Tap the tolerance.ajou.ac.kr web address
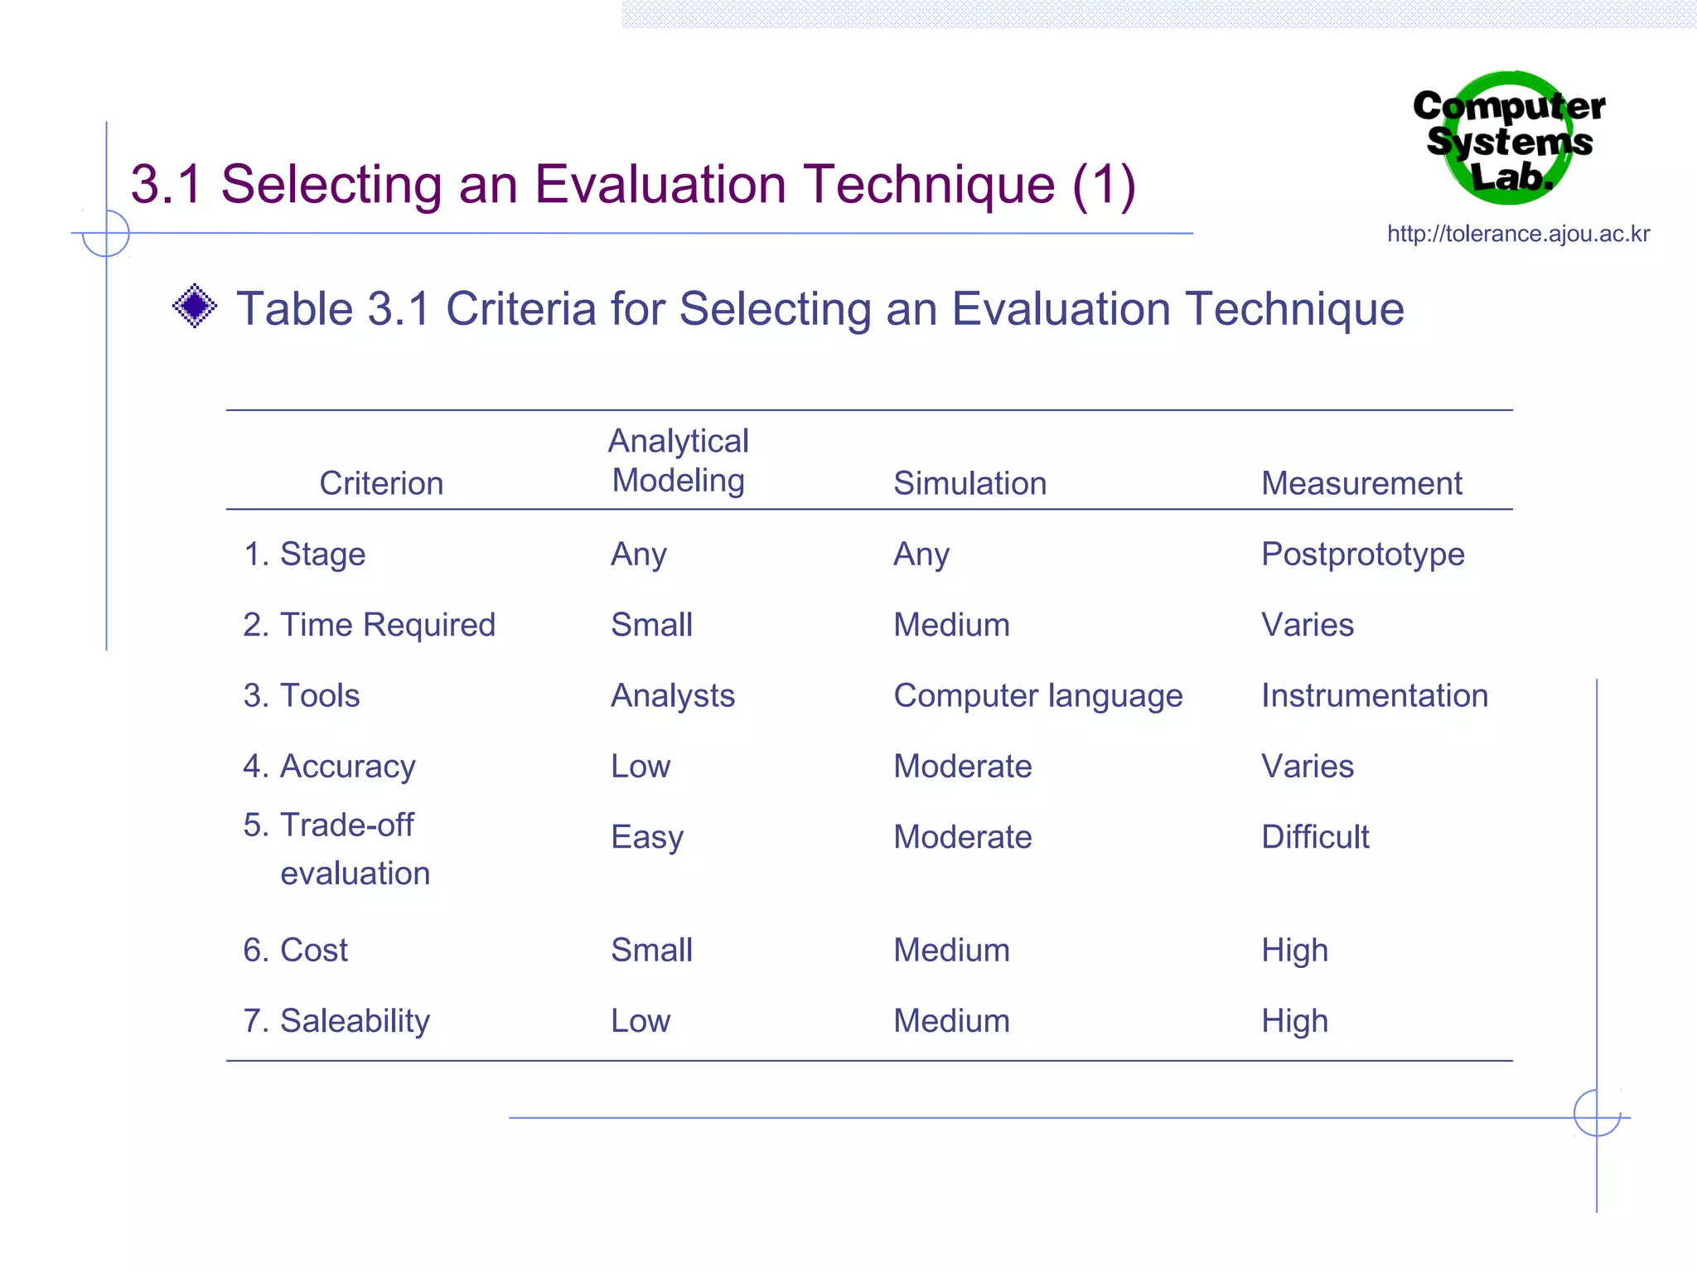pos(1518,234)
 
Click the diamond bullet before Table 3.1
pos(195,306)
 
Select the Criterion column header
pos(381,483)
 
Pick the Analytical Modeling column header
pos(678,461)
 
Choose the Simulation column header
pos(969,483)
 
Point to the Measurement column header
pos(1361,483)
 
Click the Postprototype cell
pos(1362,554)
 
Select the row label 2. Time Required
pos(369,625)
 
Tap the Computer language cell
pos(1037,696)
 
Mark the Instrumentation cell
pos(1374,696)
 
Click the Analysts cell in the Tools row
pos(672,696)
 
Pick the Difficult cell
pos(1315,837)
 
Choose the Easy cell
pos(647,838)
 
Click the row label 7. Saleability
pos(336,1021)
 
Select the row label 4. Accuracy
pos(329,767)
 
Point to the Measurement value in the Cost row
pos(1294,951)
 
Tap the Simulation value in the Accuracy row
pos(962,767)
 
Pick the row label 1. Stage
pos(304,554)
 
